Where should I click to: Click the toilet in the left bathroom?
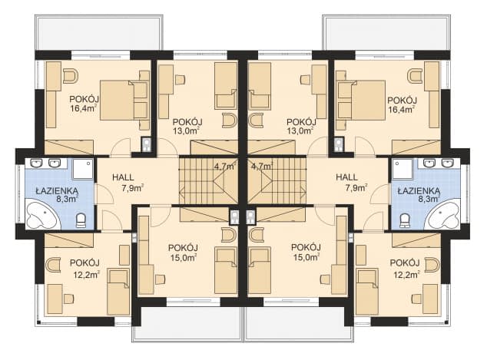tap(81, 220)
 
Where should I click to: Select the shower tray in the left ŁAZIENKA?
tap(83, 169)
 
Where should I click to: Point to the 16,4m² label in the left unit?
tap(84, 109)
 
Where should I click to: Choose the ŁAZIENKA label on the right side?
tap(419, 191)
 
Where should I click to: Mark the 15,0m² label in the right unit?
tap(306, 257)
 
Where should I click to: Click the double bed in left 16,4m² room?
tap(124, 100)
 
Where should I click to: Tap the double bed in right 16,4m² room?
tap(361, 100)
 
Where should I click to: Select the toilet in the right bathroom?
tap(404, 220)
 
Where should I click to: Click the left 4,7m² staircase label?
tap(225, 166)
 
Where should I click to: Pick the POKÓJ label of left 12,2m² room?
tap(84, 263)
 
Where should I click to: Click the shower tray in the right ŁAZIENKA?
tap(403, 169)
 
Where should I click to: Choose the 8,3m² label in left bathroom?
tap(67, 199)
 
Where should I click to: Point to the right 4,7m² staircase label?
tap(262, 166)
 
